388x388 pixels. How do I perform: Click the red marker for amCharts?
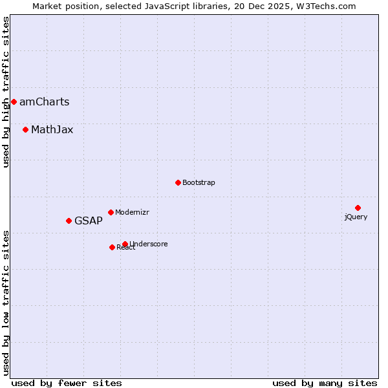14,102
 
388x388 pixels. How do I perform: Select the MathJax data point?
25,129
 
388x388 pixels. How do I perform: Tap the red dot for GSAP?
69,221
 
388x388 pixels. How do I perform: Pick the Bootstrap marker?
178,182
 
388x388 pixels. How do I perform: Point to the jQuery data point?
358,208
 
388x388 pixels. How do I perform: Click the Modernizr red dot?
111,212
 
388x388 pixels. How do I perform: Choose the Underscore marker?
125,244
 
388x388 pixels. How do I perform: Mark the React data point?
112,247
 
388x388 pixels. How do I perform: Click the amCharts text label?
44,102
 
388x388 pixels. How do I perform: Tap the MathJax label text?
52,129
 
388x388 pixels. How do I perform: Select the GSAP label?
88,221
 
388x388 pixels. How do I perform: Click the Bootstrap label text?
199,182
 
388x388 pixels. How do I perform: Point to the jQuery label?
356,217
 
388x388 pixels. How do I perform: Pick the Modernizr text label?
132,212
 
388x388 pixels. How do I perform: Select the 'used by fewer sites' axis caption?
67,383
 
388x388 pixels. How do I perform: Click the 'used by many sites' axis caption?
325,383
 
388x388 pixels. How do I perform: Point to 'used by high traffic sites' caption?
6,92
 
